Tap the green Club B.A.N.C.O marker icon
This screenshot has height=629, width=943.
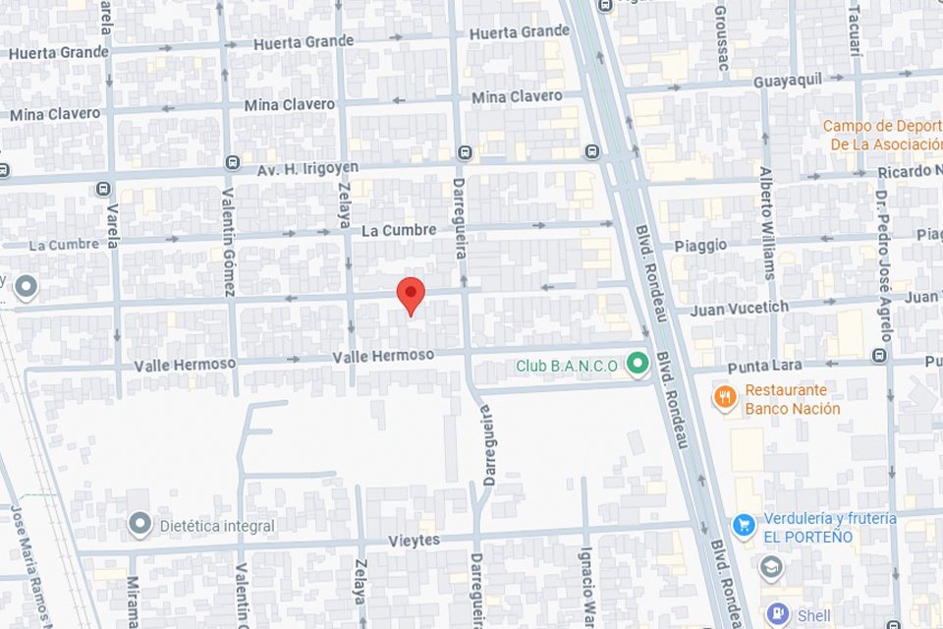click(x=638, y=365)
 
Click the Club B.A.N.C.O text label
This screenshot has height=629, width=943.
click(x=567, y=367)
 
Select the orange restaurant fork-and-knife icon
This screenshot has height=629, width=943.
click(x=724, y=397)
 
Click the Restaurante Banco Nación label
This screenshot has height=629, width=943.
click(x=792, y=399)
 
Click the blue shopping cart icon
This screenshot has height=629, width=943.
click(x=744, y=525)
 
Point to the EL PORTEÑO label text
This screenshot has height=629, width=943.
click(x=808, y=538)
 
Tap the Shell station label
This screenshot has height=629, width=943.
click(x=813, y=616)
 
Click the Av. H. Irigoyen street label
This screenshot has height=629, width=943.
click(x=307, y=168)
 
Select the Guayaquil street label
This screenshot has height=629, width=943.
click(x=787, y=81)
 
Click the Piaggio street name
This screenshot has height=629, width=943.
click(x=700, y=245)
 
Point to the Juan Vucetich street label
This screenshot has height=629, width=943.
click(x=739, y=308)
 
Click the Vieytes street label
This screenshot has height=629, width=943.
click(x=414, y=541)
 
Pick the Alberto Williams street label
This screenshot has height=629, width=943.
click(x=767, y=221)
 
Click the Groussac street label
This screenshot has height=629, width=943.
click(x=722, y=34)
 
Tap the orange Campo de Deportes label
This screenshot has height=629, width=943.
click(x=881, y=135)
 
